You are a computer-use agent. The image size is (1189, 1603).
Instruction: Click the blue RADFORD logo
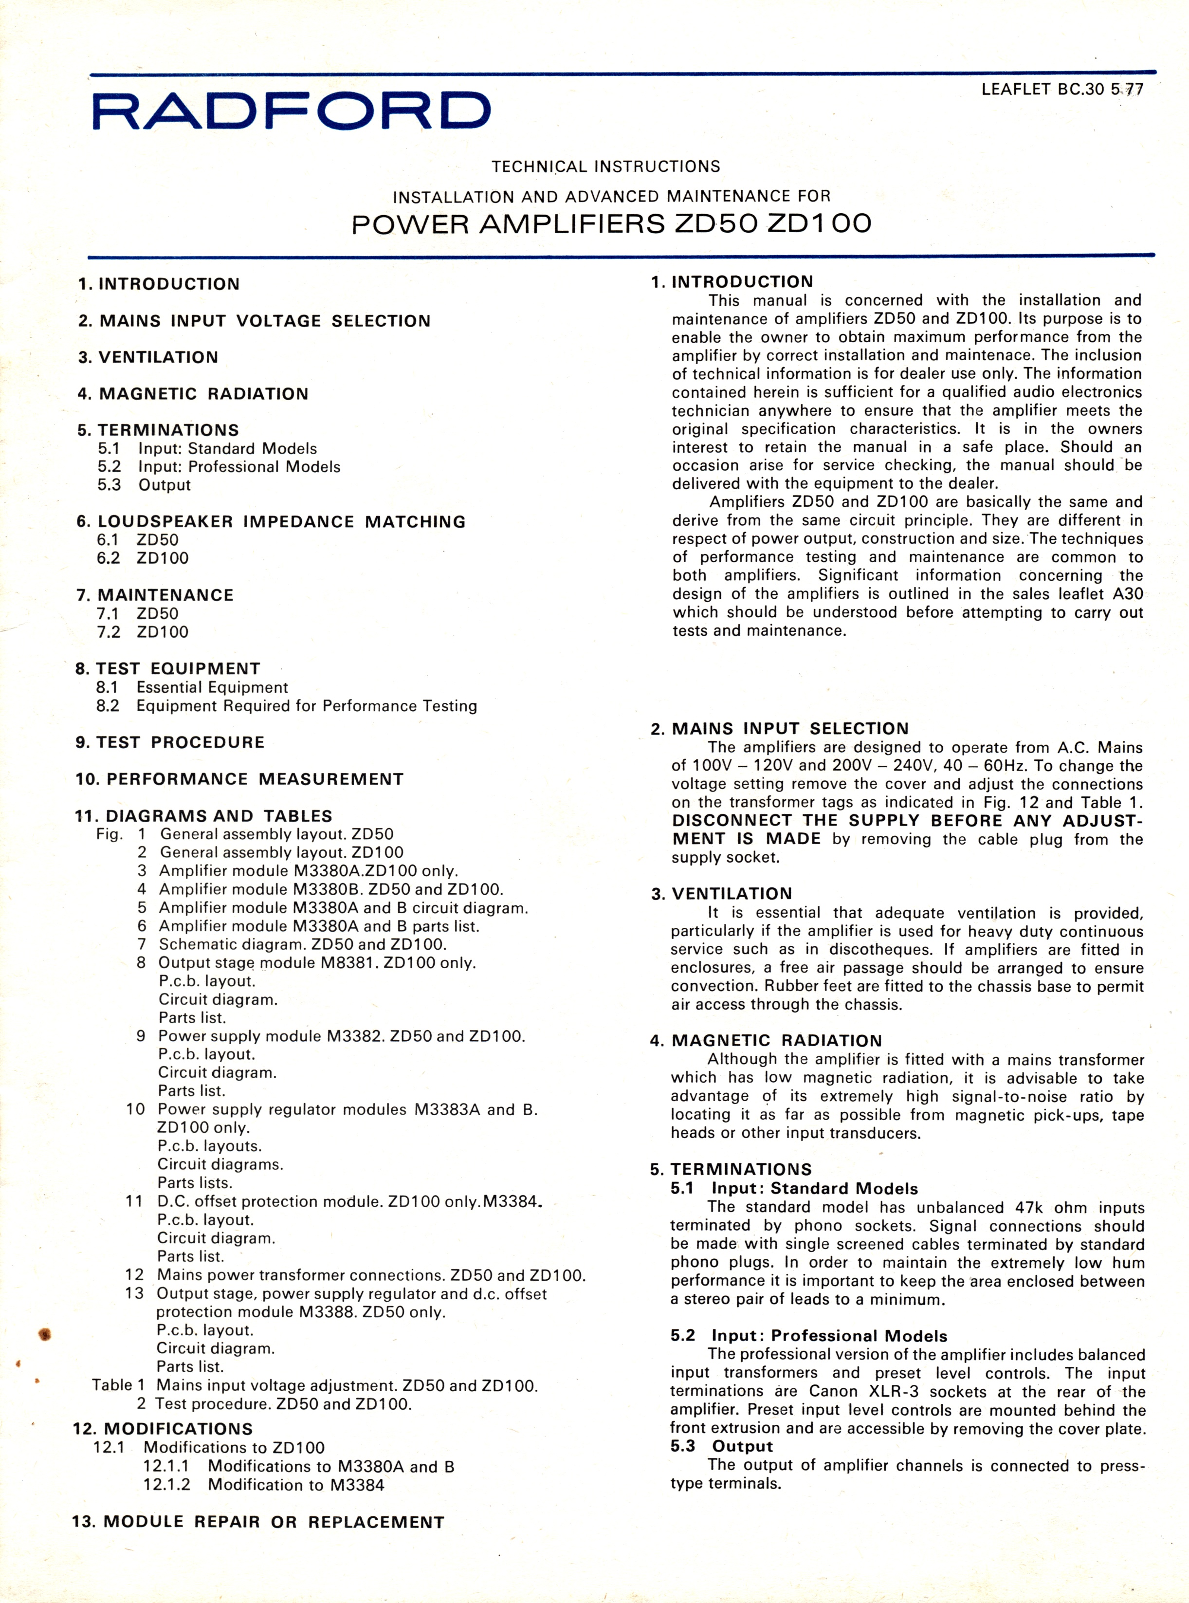coord(292,111)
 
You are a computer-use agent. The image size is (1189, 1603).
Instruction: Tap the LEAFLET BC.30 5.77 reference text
coord(1061,90)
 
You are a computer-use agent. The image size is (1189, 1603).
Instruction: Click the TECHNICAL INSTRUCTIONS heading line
coord(605,167)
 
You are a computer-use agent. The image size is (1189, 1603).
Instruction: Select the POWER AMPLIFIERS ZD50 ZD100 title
coord(611,224)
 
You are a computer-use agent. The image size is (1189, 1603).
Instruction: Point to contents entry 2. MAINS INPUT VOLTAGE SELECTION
coord(254,321)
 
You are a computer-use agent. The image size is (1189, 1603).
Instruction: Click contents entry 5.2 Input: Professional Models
coord(219,466)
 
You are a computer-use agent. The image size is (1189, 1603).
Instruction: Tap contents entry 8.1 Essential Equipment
coord(192,687)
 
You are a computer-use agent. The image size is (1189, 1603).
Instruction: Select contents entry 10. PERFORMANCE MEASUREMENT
coord(239,779)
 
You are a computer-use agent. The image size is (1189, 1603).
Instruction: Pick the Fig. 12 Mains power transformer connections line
coord(356,1275)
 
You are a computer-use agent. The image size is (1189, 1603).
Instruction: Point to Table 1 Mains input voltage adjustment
coord(314,1385)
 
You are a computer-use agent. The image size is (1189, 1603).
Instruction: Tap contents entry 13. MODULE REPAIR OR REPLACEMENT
coord(257,1522)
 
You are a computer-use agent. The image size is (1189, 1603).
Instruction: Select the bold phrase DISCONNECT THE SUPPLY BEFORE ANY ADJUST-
coord(907,821)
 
